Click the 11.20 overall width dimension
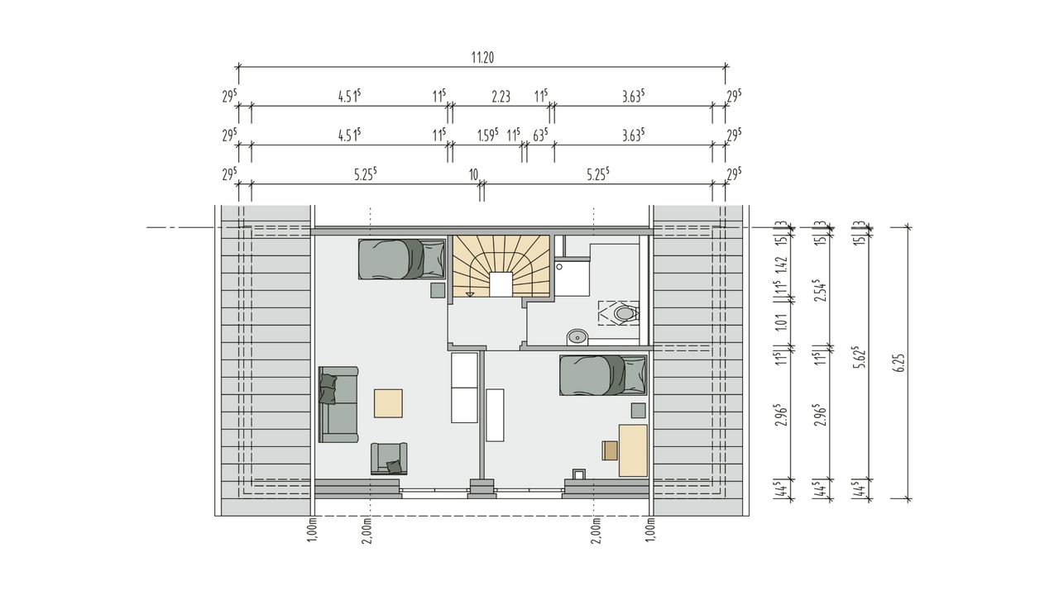click(x=482, y=58)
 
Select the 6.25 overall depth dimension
click(x=899, y=363)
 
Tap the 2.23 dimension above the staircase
click(x=501, y=97)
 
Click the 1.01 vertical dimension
click(x=782, y=323)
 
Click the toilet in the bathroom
click(x=625, y=313)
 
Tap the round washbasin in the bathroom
click(x=577, y=338)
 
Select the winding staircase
click(x=501, y=266)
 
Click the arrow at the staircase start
click(x=470, y=294)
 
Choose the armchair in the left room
click(x=389, y=458)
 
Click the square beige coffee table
click(x=388, y=403)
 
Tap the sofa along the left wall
click(x=338, y=404)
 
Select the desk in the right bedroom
click(x=633, y=450)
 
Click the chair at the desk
click(x=610, y=450)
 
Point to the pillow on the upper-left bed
click(x=434, y=259)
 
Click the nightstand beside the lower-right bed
click(x=638, y=410)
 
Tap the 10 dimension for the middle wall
click(x=474, y=175)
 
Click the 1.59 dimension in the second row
click(x=488, y=136)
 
